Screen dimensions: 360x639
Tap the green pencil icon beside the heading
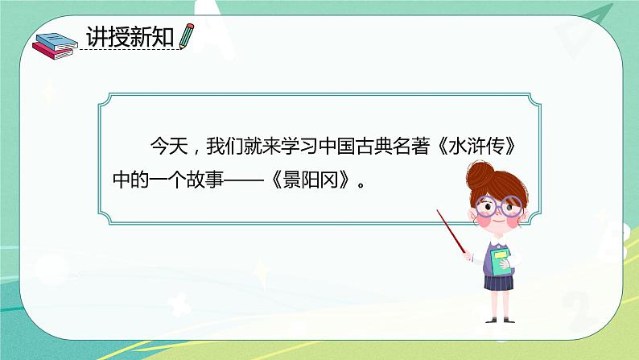[x=187, y=35]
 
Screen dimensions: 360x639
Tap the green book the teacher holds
[x=501, y=262]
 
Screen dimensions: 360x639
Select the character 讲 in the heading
[x=97, y=37]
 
